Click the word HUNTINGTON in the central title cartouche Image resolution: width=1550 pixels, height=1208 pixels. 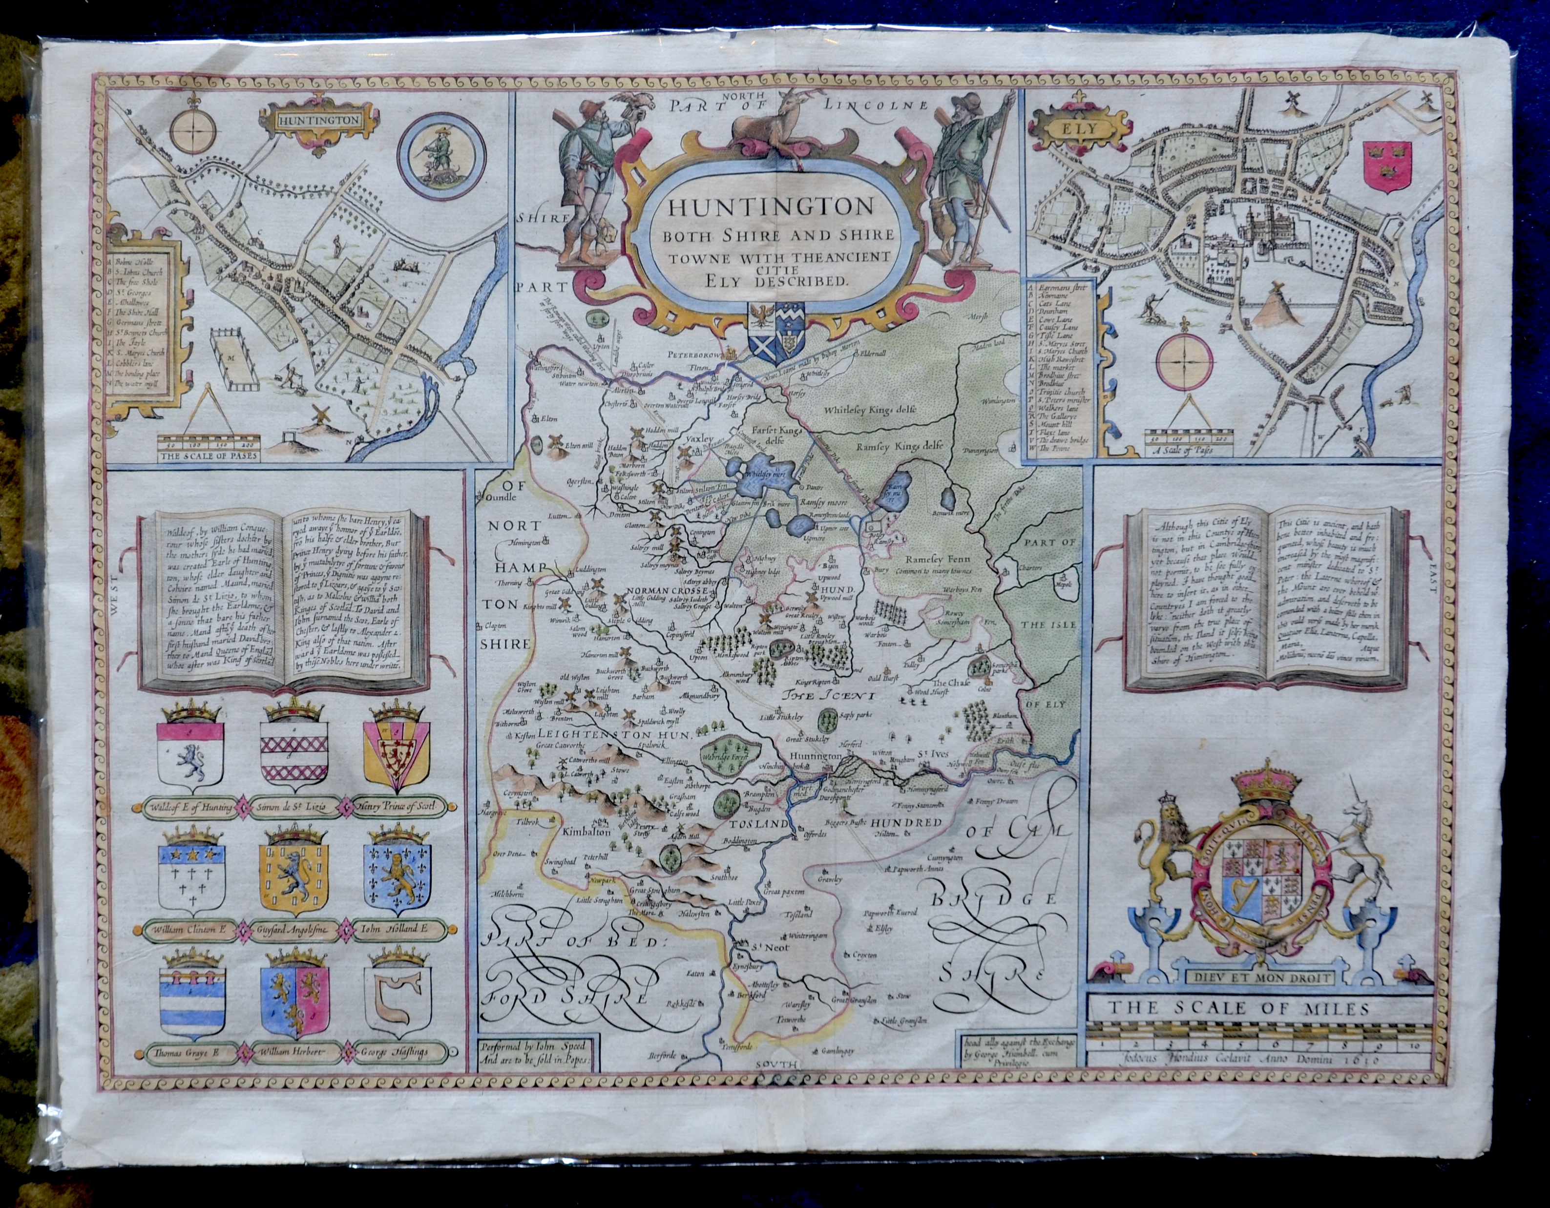pos(761,207)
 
